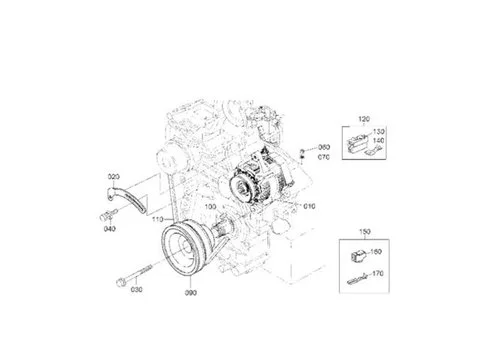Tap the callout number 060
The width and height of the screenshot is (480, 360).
click(323, 147)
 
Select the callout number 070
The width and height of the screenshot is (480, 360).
click(323, 157)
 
